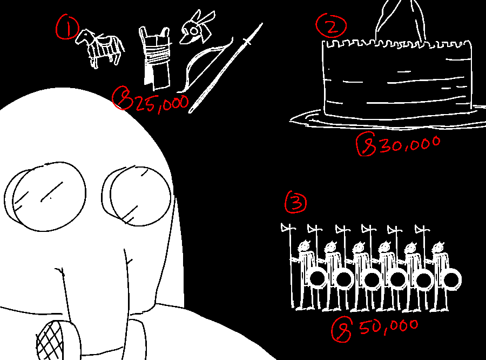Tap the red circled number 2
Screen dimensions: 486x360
pyautogui.click(x=331, y=26)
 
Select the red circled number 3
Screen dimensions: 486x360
pyautogui.click(x=296, y=202)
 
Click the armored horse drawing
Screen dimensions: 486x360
pyautogui.click(x=100, y=48)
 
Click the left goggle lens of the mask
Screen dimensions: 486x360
pyautogui.click(x=45, y=196)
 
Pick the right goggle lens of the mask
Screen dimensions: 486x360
pyautogui.click(x=137, y=196)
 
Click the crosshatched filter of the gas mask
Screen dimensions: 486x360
pyautogui.click(x=50, y=341)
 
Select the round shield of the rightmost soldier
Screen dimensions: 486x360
pyautogui.click(x=451, y=279)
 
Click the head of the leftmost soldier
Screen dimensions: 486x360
pyautogui.click(x=304, y=246)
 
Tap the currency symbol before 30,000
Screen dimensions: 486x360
pyautogui.click(x=366, y=144)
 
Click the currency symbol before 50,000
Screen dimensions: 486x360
pyautogui.click(x=342, y=329)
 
